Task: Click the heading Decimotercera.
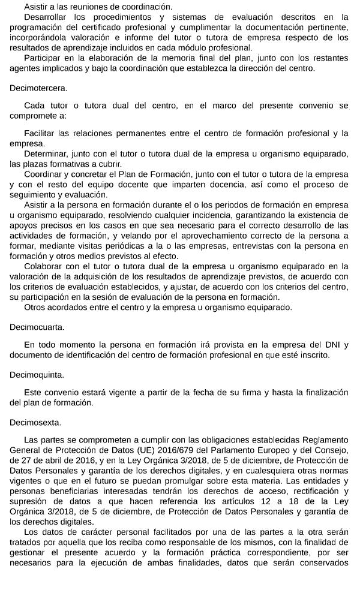(x=38, y=88)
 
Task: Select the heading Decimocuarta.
(x=37, y=327)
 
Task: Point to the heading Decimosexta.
(x=36, y=422)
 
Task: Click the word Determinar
(x=46, y=153)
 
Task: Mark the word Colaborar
(x=44, y=266)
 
